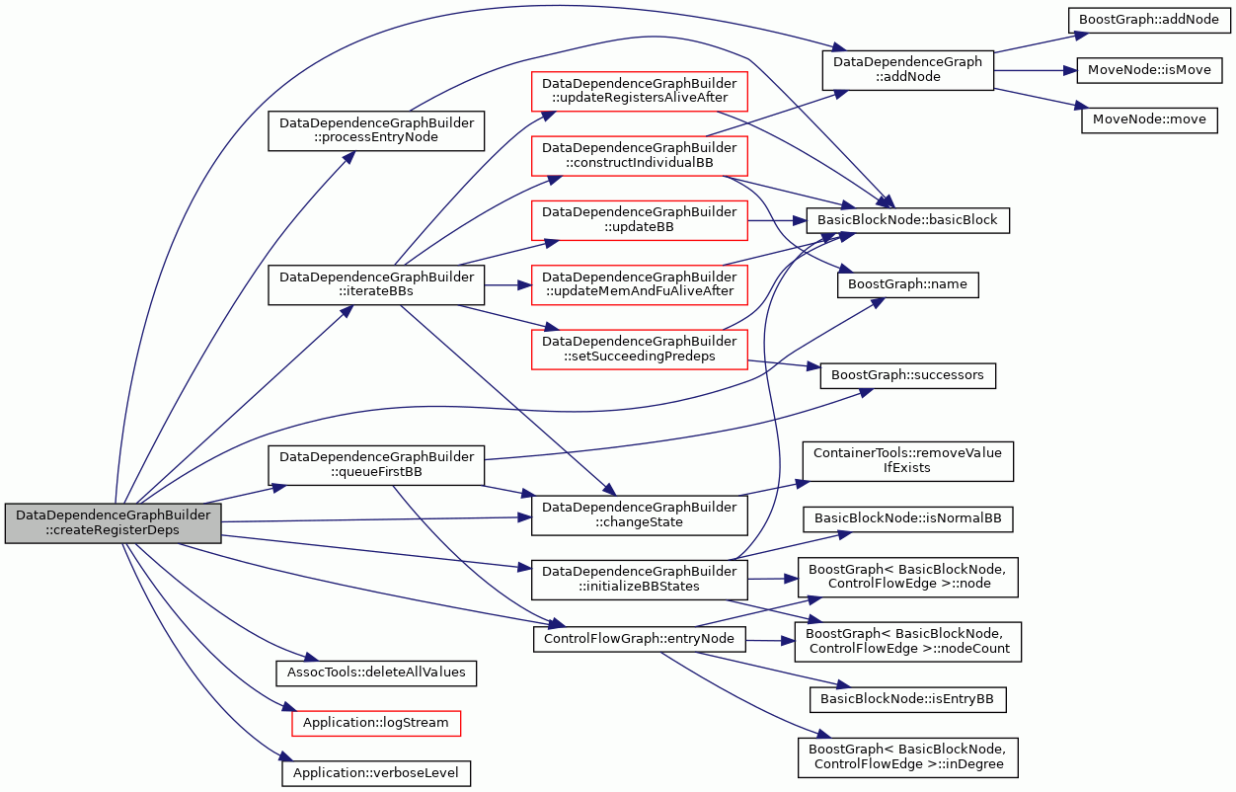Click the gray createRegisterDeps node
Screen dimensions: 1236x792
(114, 522)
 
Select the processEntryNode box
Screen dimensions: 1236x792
(376, 130)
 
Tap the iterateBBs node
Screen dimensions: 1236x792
(376, 284)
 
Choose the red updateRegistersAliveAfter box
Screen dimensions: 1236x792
(640, 91)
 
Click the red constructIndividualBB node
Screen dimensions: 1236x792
(640, 156)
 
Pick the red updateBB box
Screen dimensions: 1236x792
(640, 220)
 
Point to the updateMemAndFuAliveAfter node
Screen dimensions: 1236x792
(640, 284)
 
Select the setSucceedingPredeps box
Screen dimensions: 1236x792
(640, 350)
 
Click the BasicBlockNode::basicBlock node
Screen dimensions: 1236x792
(907, 220)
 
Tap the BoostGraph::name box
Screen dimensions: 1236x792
(907, 284)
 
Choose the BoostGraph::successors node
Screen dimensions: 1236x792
(907, 375)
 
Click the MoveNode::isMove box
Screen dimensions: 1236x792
(1149, 70)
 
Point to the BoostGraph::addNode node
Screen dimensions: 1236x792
(1149, 20)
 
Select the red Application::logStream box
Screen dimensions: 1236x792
(376, 723)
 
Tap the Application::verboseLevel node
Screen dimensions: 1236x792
(376, 773)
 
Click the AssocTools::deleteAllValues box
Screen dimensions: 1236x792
(376, 673)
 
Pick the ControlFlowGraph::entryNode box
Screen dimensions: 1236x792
(640, 639)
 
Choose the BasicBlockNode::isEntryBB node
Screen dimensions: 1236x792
(907, 699)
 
